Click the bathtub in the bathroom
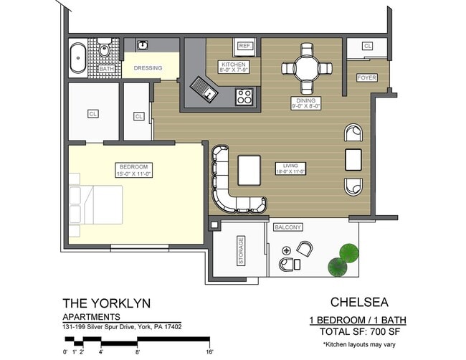77,58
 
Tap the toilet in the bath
105,51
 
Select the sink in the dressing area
143,45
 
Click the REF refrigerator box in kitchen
244,46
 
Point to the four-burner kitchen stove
244,95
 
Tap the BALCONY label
287,227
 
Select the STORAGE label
241,251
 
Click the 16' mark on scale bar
209,351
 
